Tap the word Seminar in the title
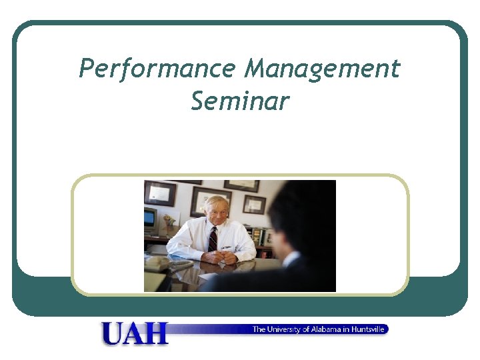(x=240, y=101)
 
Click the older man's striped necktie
(x=213, y=239)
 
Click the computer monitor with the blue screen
(x=151, y=219)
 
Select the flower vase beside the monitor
(x=169, y=220)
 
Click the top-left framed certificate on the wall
(x=160, y=193)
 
